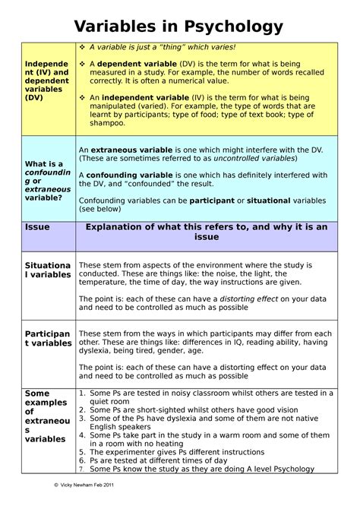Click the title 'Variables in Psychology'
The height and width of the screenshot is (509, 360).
click(x=179, y=27)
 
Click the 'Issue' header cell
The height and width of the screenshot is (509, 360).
click(x=37, y=227)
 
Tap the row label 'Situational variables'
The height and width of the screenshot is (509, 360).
click(x=49, y=269)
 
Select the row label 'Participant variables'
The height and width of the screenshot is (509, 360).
click(x=49, y=338)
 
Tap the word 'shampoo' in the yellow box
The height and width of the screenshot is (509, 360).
click(x=106, y=123)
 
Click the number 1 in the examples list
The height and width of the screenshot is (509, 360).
click(x=83, y=394)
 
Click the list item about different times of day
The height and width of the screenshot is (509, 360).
click(x=158, y=460)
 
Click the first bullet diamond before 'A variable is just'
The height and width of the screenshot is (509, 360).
click(x=83, y=47)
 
